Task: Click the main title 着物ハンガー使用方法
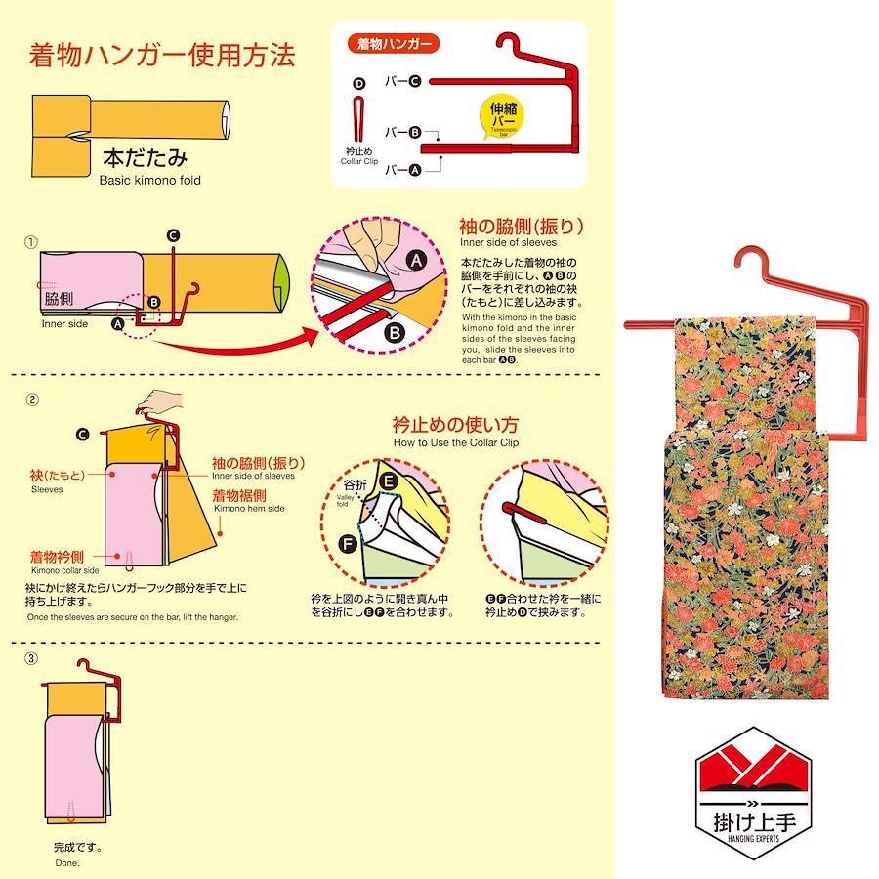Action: pos(162,55)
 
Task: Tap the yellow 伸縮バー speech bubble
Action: pos(502,116)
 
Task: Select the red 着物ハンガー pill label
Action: pos(394,44)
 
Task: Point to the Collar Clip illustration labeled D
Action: pos(358,119)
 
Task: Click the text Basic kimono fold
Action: pos(149,181)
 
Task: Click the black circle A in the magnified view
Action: pos(416,260)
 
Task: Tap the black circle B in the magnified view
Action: pos(395,333)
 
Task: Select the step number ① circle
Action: pos(31,243)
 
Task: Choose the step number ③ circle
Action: pos(31,658)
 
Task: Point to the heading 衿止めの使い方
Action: pos(455,425)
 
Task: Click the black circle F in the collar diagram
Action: pos(348,543)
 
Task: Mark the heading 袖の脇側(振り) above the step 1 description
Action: pos(522,227)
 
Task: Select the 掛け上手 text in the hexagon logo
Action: pos(754,821)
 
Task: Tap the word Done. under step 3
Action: pos(67,863)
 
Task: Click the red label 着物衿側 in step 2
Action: pos(57,557)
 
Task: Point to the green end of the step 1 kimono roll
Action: pos(282,283)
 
